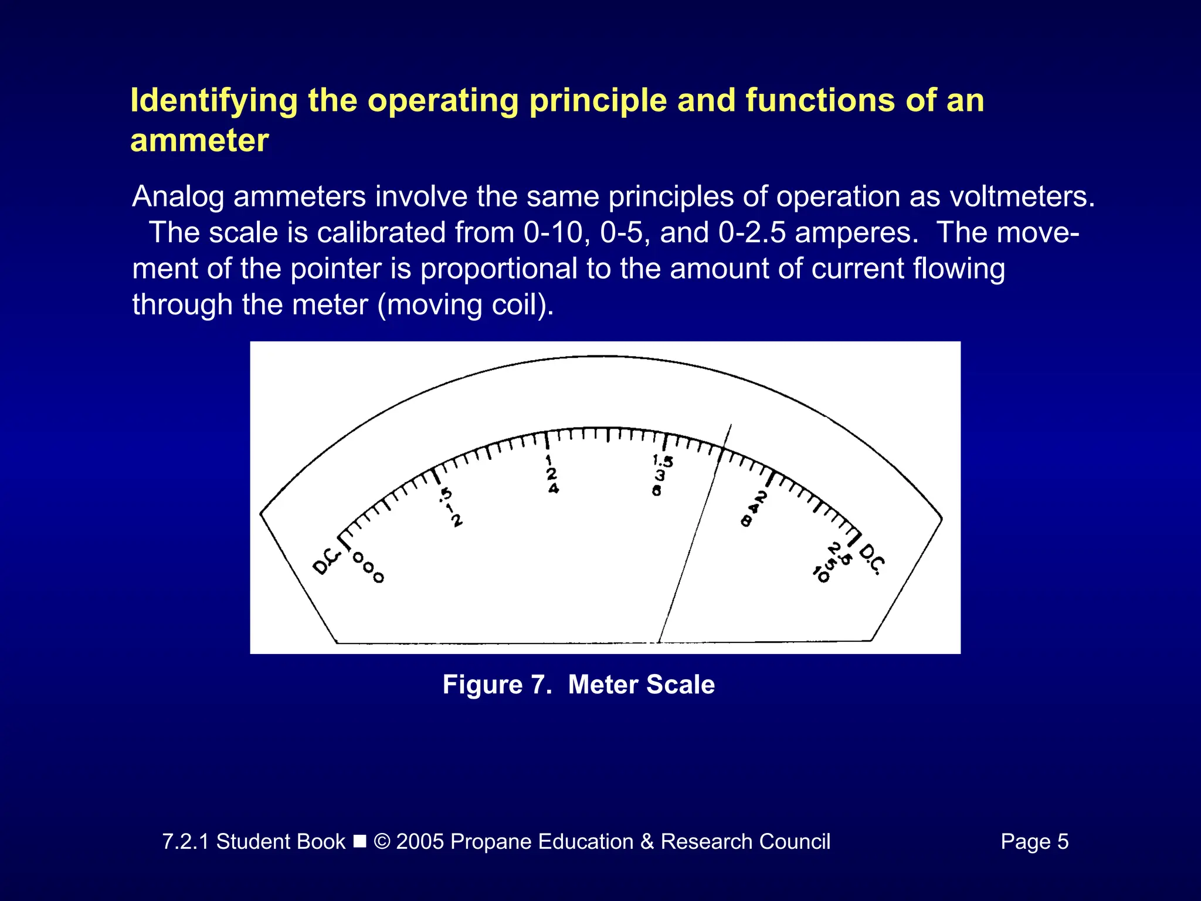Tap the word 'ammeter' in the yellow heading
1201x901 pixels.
coord(199,141)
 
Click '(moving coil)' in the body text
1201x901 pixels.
coord(466,305)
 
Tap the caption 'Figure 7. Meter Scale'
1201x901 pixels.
coord(578,685)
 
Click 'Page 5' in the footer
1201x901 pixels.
coord(1034,842)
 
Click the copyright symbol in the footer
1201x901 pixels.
coord(382,842)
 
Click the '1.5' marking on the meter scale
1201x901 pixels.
coord(663,461)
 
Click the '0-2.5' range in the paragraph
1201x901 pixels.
coord(752,233)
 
